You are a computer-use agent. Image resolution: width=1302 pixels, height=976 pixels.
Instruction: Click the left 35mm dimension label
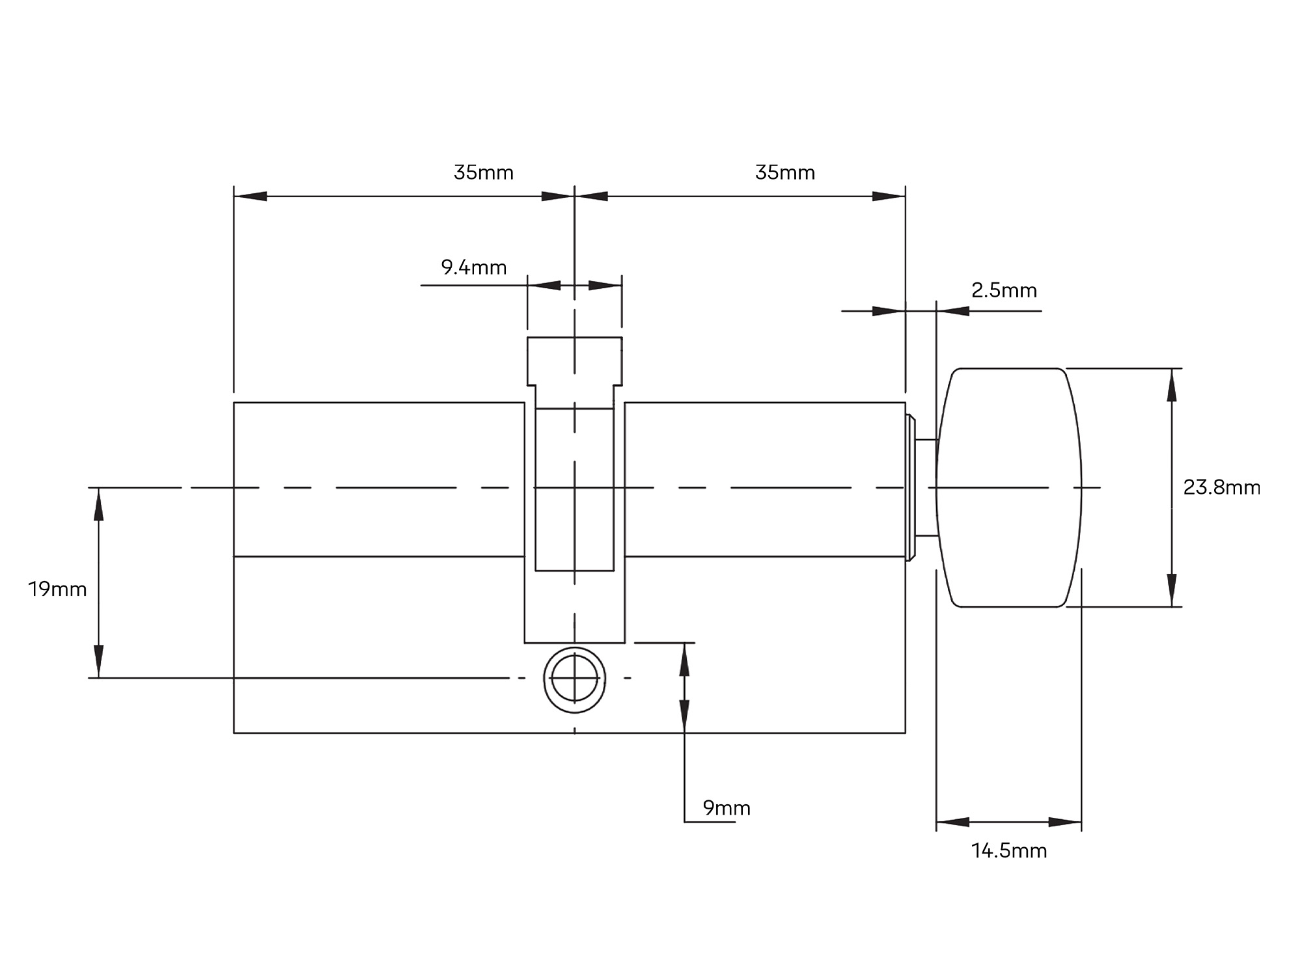(x=483, y=173)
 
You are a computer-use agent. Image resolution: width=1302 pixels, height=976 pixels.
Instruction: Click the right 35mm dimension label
(x=784, y=173)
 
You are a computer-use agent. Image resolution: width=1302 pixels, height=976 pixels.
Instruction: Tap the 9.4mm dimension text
(x=473, y=267)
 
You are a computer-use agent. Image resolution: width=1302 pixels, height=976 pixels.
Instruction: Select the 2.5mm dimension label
(x=1004, y=290)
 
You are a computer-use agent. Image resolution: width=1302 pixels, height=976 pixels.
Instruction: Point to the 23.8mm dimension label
(x=1221, y=487)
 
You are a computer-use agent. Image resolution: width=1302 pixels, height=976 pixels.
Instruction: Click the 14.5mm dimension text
(x=1009, y=851)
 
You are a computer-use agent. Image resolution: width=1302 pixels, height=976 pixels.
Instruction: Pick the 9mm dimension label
(x=727, y=808)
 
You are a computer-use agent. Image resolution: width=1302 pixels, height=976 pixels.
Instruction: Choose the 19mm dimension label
(x=57, y=590)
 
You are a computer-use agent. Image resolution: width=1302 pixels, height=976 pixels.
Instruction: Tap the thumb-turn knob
(x=1009, y=487)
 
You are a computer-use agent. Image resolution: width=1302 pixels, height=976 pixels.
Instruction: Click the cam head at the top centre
(x=574, y=361)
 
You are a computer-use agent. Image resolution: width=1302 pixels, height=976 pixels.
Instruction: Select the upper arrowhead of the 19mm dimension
(x=99, y=504)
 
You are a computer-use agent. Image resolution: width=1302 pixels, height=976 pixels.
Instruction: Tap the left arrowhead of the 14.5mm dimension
(x=952, y=822)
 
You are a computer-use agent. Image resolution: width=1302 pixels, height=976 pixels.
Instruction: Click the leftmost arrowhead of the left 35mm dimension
(x=251, y=196)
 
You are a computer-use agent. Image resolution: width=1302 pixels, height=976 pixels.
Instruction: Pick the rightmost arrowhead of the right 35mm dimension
(x=889, y=196)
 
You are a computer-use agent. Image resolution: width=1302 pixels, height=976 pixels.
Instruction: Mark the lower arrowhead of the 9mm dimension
(x=684, y=716)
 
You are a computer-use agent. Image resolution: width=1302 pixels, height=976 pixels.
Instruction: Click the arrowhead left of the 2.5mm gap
(x=889, y=311)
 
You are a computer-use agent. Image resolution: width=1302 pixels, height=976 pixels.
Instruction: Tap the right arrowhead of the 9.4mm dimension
(x=605, y=286)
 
